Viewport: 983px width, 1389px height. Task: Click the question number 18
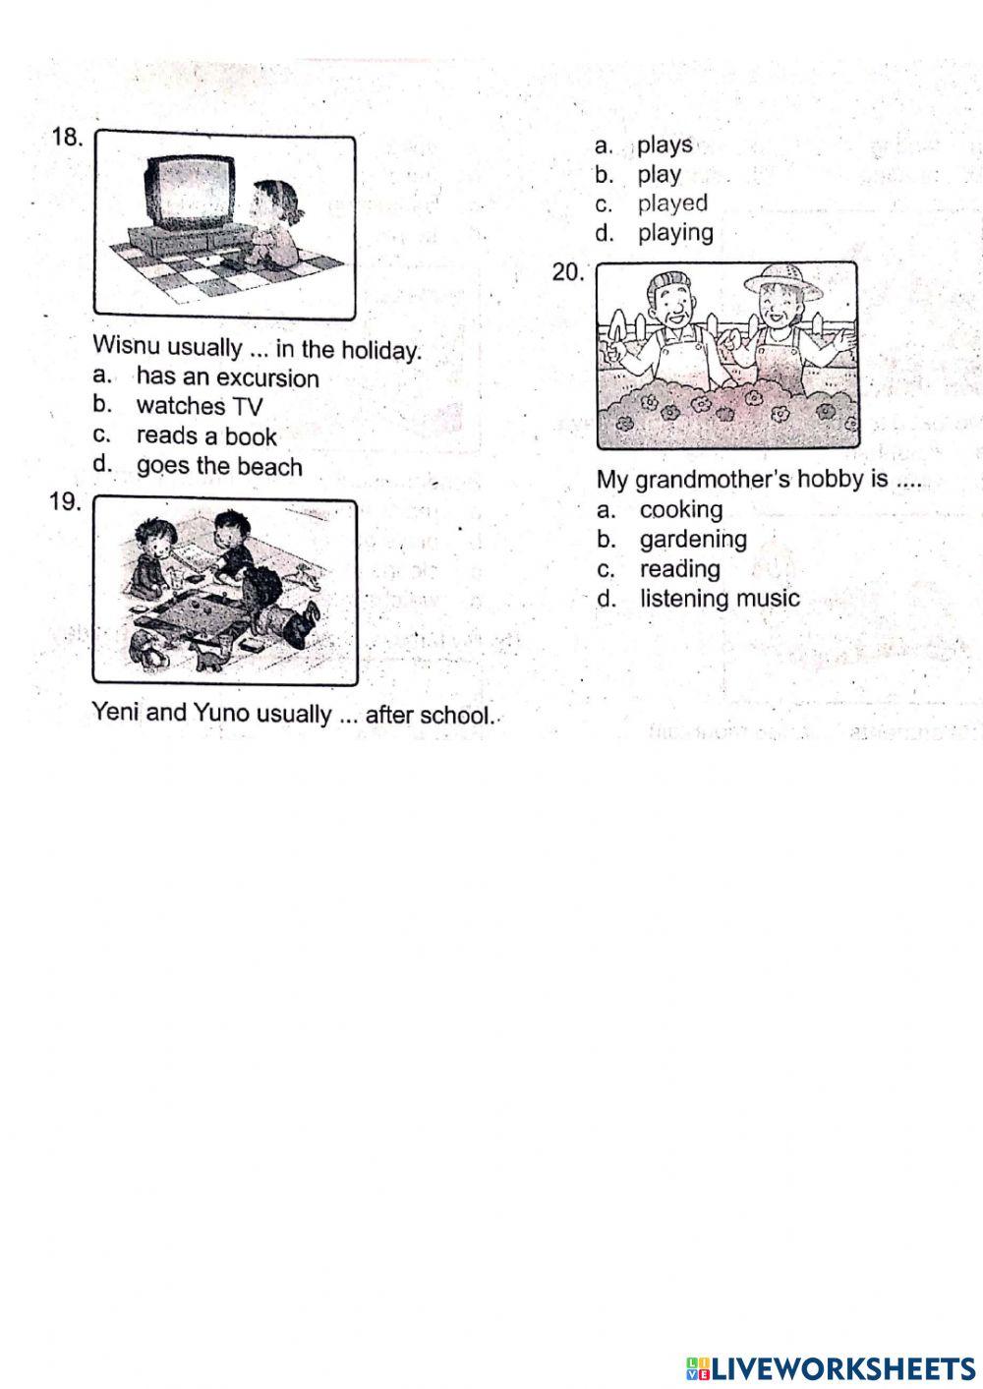pyautogui.click(x=67, y=138)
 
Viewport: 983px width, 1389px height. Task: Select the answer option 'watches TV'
pyautogui.click(x=200, y=406)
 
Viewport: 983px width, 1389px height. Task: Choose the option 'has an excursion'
pyautogui.click(x=227, y=377)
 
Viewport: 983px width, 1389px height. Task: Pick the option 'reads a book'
pyautogui.click(x=206, y=435)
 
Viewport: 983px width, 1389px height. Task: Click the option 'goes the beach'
pyautogui.click(x=219, y=466)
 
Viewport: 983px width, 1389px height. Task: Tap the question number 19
pyautogui.click(x=65, y=502)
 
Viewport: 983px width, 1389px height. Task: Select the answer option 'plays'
pyautogui.click(x=665, y=145)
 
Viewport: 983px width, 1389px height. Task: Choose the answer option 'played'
pyautogui.click(x=672, y=203)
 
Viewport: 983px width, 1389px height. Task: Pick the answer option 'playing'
pyautogui.click(x=675, y=233)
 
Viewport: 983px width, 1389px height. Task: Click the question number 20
pyautogui.click(x=568, y=272)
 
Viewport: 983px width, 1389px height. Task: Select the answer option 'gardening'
pyautogui.click(x=693, y=539)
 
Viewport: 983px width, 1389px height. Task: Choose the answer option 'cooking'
pyautogui.click(x=681, y=509)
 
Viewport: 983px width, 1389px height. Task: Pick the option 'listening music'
pyautogui.click(x=720, y=598)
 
